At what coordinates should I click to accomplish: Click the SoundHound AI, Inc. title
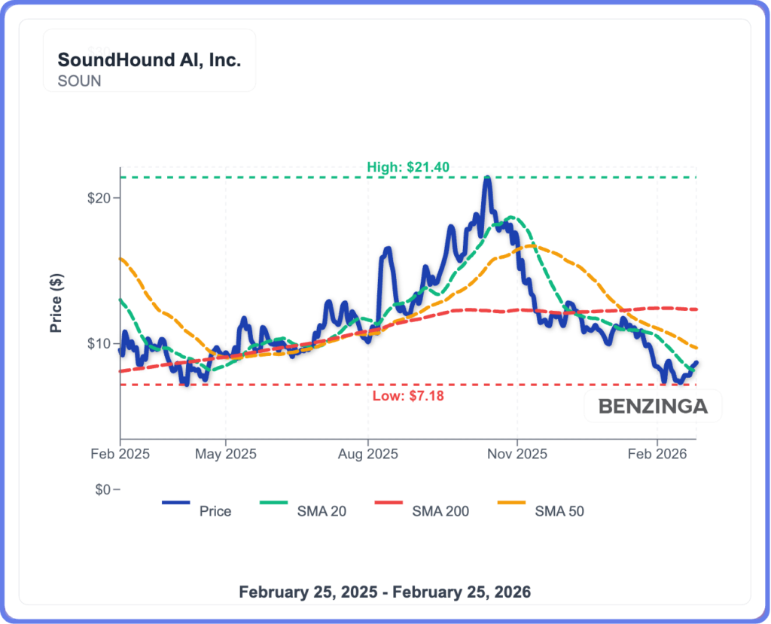coord(149,60)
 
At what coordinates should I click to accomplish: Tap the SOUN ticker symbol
coord(79,81)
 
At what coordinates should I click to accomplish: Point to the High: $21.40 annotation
coord(408,167)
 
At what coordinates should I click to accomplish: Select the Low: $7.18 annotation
coord(408,395)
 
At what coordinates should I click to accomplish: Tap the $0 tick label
coord(103,490)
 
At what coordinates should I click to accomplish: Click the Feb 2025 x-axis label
coord(120,455)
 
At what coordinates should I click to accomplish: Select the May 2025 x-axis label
coord(226,455)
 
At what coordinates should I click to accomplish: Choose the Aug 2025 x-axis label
coord(367,455)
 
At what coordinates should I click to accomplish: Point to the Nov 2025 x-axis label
coord(517,455)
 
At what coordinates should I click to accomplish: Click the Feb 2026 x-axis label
coord(657,455)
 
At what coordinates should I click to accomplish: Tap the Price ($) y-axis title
coord(56,303)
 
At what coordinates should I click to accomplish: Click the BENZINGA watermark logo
coord(653,407)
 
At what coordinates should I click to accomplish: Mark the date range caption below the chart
coord(385,592)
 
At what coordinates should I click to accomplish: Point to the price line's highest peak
coord(488,178)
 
